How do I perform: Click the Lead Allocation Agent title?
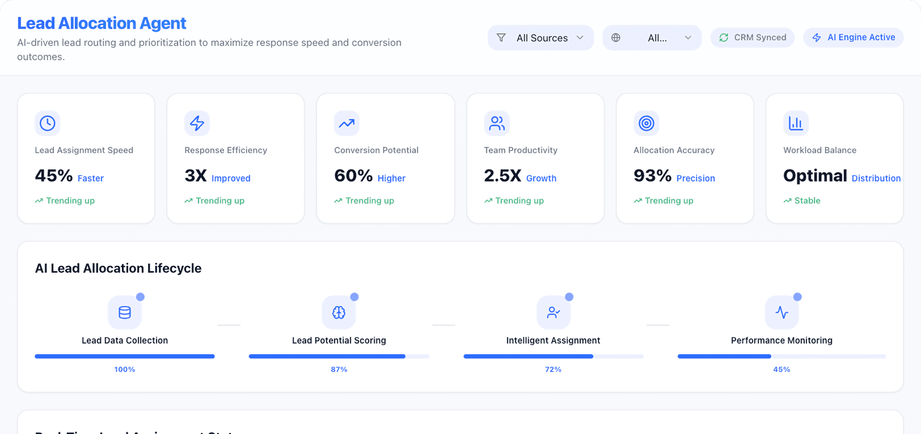tap(102, 23)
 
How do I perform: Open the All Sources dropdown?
tap(540, 38)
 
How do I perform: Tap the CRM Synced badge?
tap(752, 38)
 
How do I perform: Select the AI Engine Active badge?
tap(853, 38)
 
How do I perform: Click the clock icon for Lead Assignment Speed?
tap(48, 123)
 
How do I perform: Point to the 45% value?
tap(54, 176)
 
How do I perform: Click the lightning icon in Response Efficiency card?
tap(197, 123)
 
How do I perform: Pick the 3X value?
tap(196, 176)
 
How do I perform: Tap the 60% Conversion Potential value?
tap(353, 176)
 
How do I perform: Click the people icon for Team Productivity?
tap(497, 123)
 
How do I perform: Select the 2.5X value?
tap(503, 176)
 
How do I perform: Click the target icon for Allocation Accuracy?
tap(646, 123)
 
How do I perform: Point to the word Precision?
tap(696, 178)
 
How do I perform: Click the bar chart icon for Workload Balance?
tap(796, 123)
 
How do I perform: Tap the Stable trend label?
tap(807, 200)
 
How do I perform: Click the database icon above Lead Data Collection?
tap(125, 312)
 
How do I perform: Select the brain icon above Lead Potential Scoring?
tap(339, 312)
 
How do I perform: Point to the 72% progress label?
tap(553, 369)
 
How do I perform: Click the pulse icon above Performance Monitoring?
tap(782, 312)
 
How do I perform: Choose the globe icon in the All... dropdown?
tap(616, 38)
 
